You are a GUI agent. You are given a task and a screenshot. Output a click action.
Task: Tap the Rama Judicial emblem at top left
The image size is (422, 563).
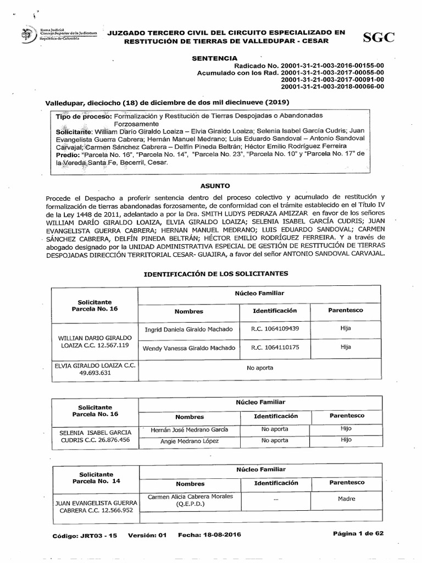25,36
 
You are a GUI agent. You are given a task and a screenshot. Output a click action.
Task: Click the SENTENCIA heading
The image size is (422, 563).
214,58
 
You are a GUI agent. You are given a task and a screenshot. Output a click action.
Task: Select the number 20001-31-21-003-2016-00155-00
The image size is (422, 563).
332,65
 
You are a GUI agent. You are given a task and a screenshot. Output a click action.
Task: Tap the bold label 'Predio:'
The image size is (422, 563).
68,156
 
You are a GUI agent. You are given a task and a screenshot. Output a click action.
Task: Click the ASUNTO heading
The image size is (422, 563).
215,186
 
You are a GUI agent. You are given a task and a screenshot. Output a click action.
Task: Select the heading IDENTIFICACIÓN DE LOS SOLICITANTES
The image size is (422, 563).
215,273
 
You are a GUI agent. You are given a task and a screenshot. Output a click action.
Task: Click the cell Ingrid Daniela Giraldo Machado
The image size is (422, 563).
188,329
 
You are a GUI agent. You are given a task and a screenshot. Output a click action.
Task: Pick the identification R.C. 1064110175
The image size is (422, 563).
275,347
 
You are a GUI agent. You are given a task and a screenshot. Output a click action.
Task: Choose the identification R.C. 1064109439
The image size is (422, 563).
275,329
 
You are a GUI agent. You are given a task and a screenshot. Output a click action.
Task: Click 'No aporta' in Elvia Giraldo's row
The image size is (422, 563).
259,368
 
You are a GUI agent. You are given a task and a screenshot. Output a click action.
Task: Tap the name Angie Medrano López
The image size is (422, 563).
188,441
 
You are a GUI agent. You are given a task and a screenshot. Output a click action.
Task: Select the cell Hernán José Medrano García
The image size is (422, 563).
188,429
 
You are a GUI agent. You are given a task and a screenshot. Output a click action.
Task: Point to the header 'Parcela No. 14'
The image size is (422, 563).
95,480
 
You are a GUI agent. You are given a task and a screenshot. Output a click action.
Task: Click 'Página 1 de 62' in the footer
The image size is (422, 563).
357,534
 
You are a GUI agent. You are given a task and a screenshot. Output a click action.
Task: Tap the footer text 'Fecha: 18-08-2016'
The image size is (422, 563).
209,534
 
